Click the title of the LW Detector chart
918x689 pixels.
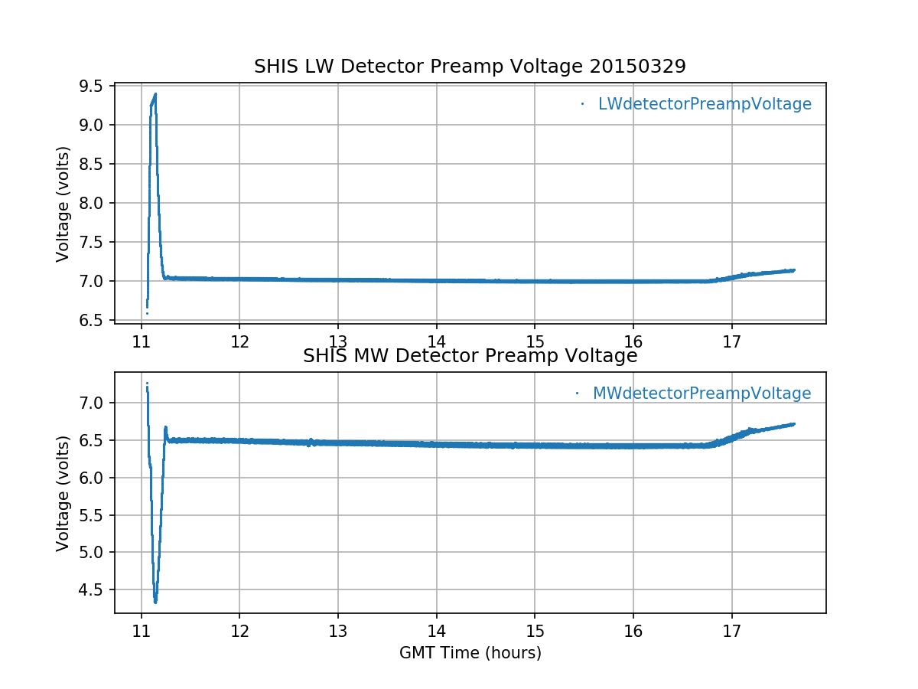(470, 67)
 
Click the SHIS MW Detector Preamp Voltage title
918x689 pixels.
(470, 356)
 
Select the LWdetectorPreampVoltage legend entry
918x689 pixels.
(704, 104)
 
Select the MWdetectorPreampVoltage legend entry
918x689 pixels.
(701, 393)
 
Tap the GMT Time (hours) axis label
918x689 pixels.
(470, 653)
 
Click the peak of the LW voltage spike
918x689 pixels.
(155, 94)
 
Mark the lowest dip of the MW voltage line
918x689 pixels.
(155, 602)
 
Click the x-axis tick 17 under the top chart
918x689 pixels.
(731, 339)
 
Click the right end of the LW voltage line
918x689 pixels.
(793, 269)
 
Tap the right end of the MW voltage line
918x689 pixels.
(793, 423)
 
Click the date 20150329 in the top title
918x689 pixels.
(638, 67)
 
